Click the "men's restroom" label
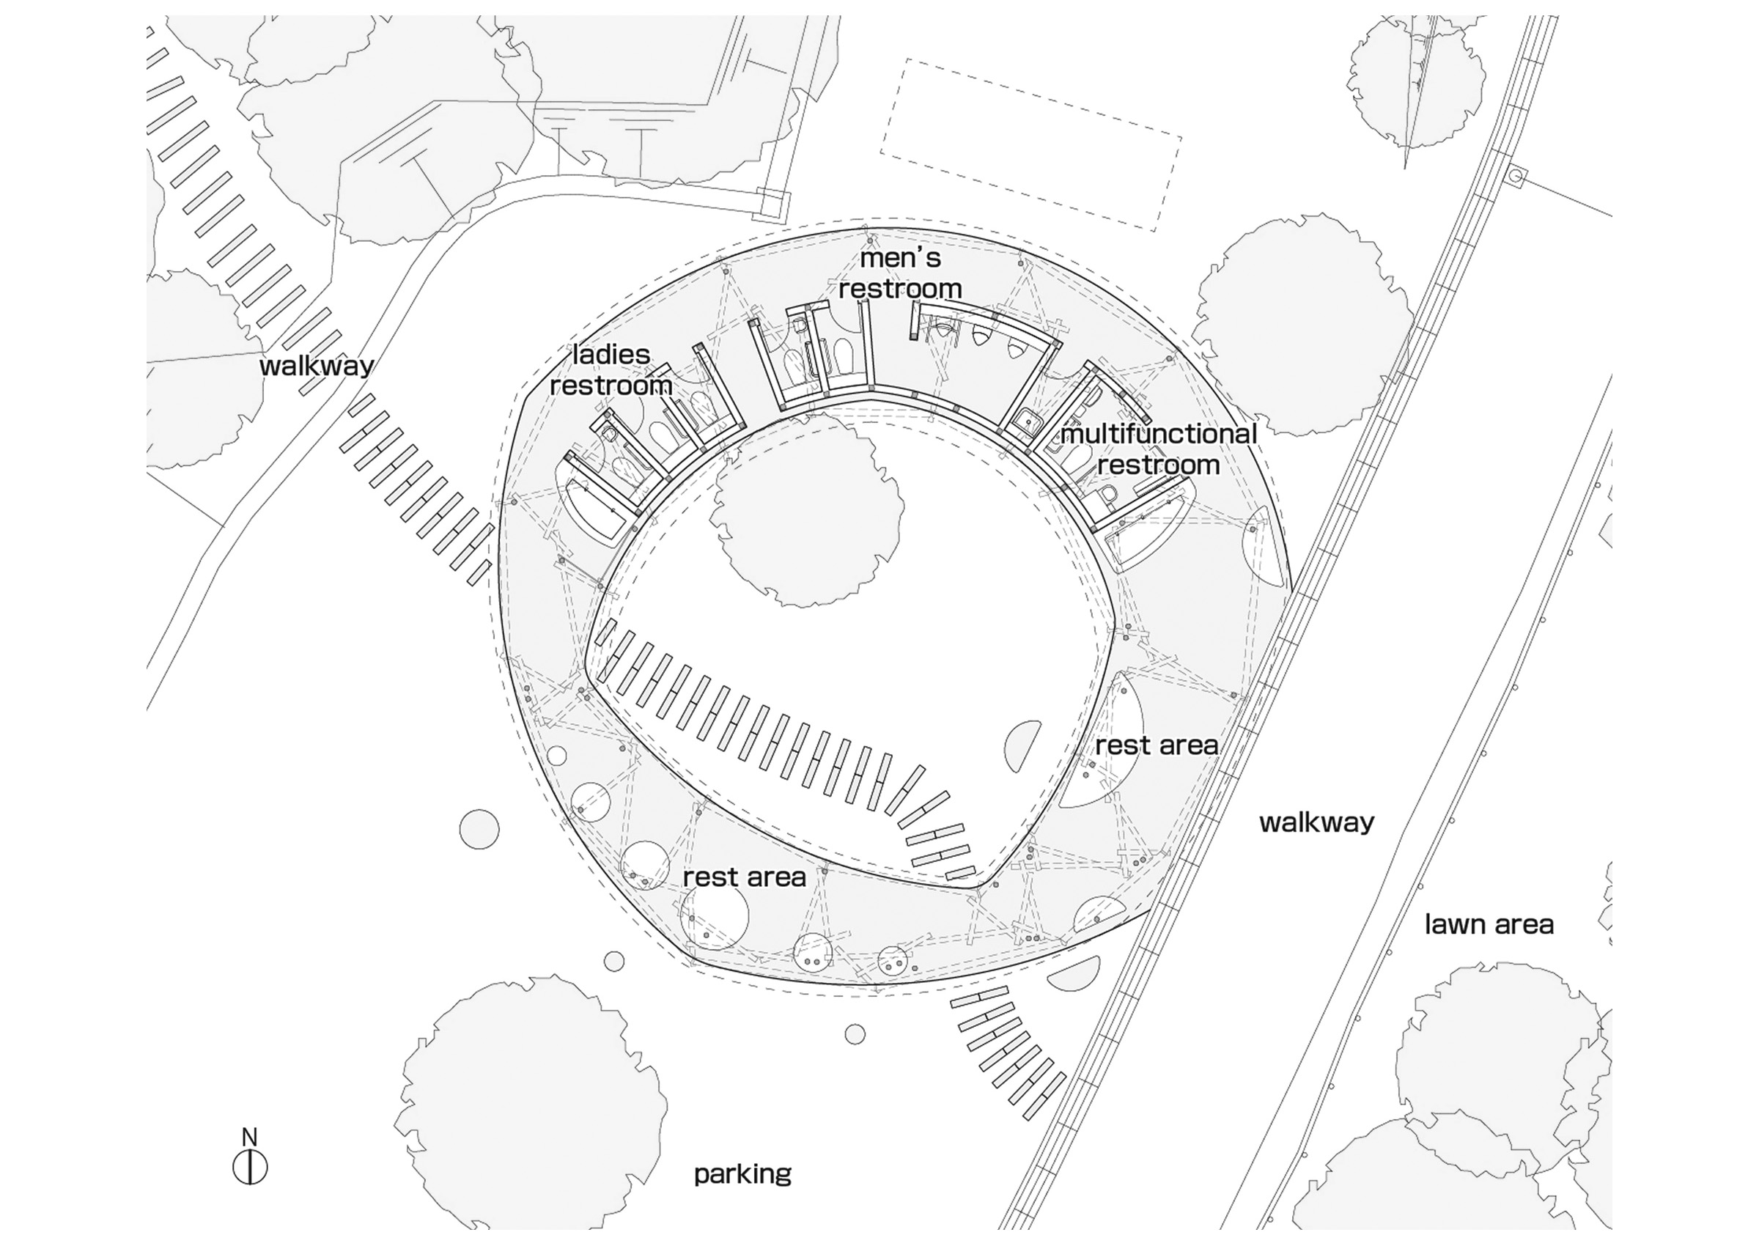[900, 273]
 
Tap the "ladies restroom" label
[611, 370]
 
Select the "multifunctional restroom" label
[1158, 449]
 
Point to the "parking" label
[742, 1174]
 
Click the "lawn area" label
[1489, 924]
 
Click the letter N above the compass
[249, 1136]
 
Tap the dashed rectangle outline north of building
[1031, 144]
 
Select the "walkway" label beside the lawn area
[1316, 823]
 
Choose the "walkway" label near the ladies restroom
[316, 366]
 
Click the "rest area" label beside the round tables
[744, 877]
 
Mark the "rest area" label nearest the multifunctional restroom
[1157, 745]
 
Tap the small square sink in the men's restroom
[1025, 420]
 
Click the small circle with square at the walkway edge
[1515, 177]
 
